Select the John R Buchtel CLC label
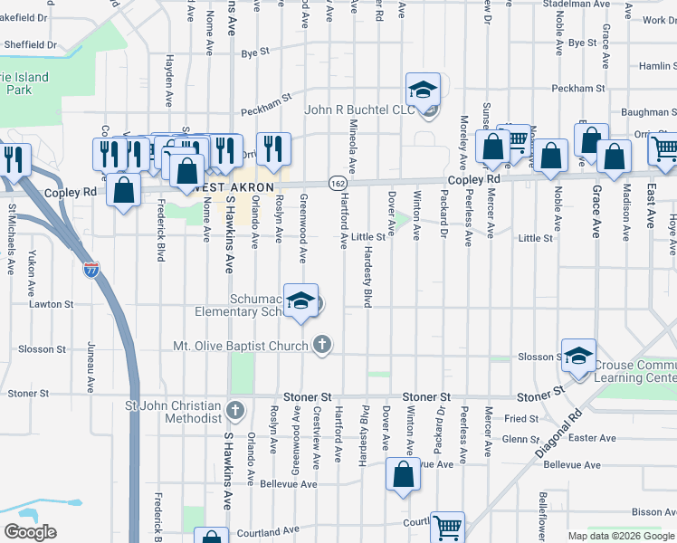[x=359, y=110]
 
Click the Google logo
[x=30, y=532]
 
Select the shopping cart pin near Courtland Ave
[x=447, y=527]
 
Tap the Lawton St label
[x=51, y=304]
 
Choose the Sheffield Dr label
[x=28, y=43]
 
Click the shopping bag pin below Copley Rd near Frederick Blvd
[x=123, y=191]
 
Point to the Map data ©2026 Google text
[x=620, y=536]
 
